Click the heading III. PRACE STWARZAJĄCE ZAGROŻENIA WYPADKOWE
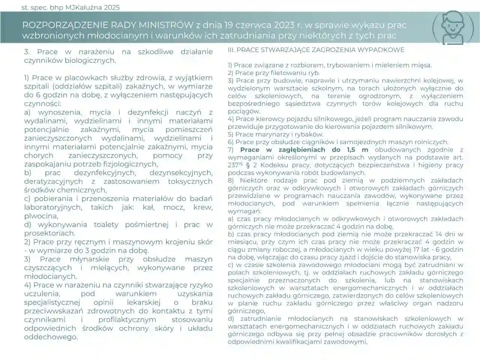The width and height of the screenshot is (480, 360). tap(316, 49)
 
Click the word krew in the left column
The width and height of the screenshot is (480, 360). tap(203, 207)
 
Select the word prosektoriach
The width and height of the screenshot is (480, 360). tap(49, 233)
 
